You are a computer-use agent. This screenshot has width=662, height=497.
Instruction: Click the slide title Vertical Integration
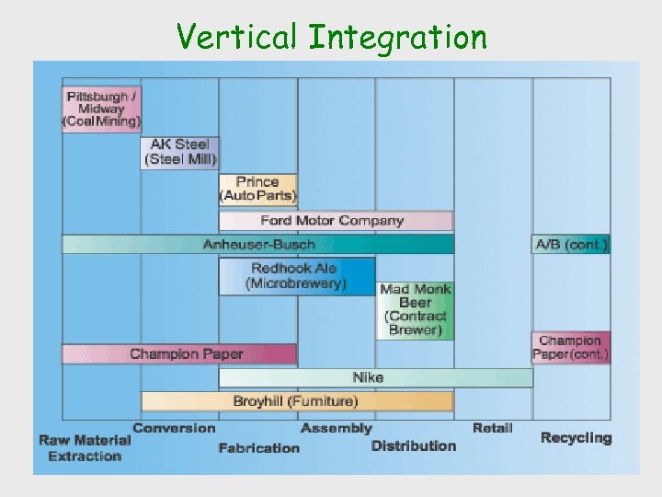point(332,37)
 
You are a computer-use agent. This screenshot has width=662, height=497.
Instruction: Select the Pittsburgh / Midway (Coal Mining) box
point(101,109)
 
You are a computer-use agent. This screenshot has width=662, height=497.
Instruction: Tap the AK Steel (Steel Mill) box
point(179,152)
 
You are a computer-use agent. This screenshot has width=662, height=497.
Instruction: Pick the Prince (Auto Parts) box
point(257,189)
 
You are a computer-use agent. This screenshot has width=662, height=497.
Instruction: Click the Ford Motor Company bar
point(336,221)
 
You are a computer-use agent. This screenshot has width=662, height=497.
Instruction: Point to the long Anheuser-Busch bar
point(257,244)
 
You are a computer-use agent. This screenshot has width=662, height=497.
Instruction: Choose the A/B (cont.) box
point(571,244)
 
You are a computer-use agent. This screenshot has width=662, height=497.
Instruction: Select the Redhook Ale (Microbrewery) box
point(296,276)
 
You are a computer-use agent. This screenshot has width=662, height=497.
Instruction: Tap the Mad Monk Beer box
point(415,309)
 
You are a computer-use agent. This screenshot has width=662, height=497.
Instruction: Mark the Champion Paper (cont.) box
point(571,347)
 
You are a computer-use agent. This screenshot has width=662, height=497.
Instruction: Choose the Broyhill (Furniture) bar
point(296,401)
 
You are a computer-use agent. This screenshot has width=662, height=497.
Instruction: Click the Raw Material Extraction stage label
point(85,447)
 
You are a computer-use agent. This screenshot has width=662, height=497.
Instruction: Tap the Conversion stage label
point(174,428)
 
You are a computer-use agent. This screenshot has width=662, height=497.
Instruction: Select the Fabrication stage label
point(258,448)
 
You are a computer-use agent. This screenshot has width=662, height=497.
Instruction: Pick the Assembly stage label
point(336,428)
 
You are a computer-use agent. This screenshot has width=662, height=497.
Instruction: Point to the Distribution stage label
point(414,445)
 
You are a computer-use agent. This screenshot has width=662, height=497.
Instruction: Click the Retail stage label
point(492,428)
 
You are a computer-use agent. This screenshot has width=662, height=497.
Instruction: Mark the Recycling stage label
point(576,438)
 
